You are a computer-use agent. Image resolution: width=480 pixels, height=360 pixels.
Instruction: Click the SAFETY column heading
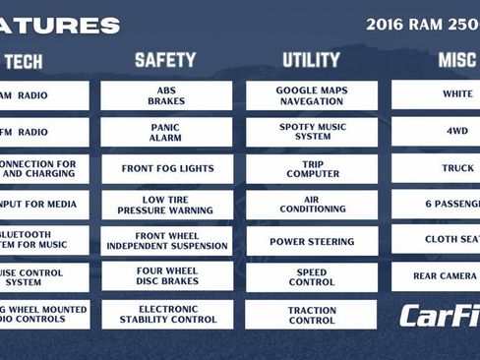[166, 61]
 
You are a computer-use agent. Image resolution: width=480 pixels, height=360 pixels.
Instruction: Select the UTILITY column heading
[311, 61]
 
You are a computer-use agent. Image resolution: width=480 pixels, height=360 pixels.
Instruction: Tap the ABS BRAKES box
[166, 95]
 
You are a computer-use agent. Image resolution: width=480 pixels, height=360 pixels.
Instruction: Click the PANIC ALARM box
[166, 132]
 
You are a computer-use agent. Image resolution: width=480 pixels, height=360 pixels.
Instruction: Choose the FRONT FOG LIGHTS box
[166, 168]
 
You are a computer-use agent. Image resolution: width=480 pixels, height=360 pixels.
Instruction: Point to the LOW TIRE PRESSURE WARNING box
[166, 205]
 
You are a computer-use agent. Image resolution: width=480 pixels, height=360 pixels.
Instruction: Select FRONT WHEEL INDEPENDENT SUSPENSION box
[166, 241]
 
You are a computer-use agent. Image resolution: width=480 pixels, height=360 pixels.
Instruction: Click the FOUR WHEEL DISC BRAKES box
[166, 277]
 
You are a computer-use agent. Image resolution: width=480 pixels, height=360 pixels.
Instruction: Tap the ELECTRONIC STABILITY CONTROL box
[166, 314]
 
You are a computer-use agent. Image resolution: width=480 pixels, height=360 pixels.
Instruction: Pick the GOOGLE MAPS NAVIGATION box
[311, 95]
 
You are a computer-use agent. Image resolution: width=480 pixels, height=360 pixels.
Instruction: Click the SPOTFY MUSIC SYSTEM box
[311, 132]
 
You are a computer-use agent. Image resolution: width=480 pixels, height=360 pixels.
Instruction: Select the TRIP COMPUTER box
[311, 168]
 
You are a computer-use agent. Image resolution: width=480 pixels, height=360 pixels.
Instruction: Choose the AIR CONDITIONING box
[311, 205]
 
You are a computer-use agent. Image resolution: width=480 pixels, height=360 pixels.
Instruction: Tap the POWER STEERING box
[311, 241]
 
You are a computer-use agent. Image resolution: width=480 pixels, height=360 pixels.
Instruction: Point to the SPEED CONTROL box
[311, 277]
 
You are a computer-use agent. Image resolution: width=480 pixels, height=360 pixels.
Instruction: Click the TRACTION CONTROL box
[311, 314]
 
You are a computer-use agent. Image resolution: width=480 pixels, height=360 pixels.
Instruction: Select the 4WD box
[437, 132]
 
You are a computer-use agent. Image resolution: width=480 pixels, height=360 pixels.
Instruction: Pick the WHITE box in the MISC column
[437, 95]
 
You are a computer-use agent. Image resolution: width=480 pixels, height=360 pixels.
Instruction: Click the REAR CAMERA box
[437, 276]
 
